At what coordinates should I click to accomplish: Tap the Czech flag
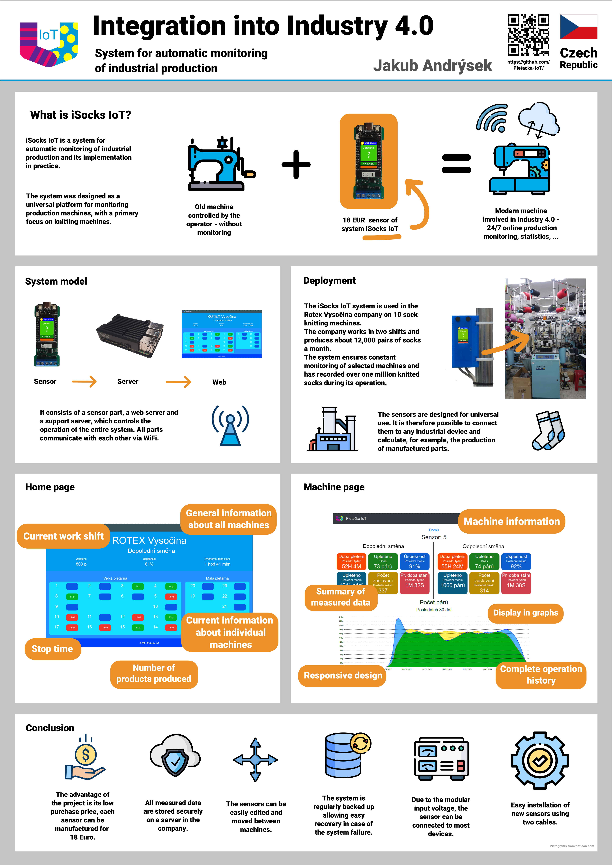coord(578,27)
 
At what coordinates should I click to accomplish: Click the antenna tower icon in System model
coord(230,426)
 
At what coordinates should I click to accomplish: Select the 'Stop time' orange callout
coord(52,649)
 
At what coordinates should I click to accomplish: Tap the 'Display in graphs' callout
coord(525,613)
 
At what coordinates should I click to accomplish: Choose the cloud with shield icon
coord(175,756)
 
